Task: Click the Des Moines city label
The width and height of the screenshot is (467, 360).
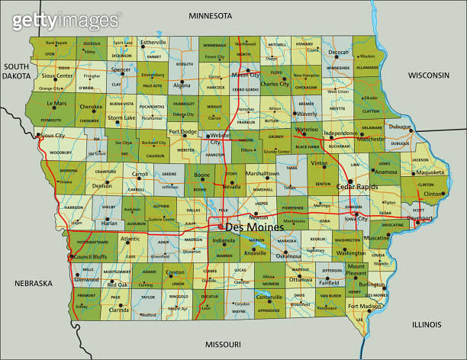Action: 254,227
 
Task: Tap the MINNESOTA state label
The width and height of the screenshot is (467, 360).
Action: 210,16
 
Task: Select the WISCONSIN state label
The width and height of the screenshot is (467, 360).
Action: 433,76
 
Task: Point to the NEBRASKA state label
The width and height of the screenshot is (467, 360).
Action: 33,284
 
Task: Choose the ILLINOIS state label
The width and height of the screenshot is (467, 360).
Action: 427,324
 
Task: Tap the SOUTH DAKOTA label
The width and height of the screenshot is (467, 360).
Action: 15,72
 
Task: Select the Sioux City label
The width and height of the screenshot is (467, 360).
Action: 53,136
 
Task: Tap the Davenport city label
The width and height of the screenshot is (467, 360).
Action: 420,218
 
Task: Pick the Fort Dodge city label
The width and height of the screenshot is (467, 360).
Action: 183,132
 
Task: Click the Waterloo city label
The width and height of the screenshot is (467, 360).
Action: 306,130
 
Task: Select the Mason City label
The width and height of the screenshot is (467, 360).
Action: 246,76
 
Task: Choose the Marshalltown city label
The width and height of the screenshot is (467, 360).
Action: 262,174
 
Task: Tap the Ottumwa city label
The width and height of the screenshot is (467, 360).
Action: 301,280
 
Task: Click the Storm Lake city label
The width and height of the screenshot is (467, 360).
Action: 122,118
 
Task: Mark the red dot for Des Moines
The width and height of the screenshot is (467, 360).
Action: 221,227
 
